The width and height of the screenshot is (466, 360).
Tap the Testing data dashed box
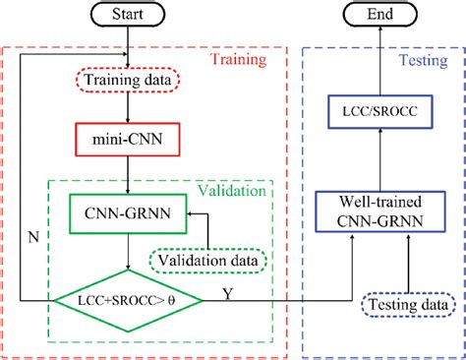tap(404, 307)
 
